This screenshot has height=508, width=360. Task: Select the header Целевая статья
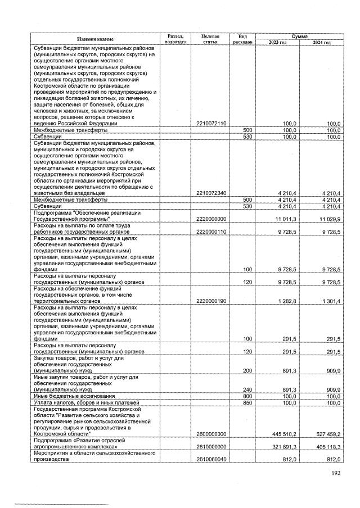pos(210,39)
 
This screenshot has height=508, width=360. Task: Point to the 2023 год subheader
pos(278,42)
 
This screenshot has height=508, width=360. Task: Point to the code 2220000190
pos(210,301)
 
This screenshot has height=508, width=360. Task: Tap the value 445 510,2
pos(283,434)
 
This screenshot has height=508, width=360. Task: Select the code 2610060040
pos(210,459)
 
